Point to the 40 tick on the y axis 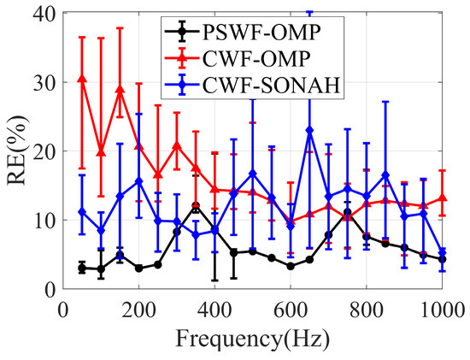[40, 14]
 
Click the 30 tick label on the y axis [40, 83]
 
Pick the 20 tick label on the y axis [40, 151]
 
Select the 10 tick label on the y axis [40, 220]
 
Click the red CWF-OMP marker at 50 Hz [82, 79]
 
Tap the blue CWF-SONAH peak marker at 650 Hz [309, 130]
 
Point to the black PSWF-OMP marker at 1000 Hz [443, 259]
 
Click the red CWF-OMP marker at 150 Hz [120, 89]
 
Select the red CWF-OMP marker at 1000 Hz [443, 198]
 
